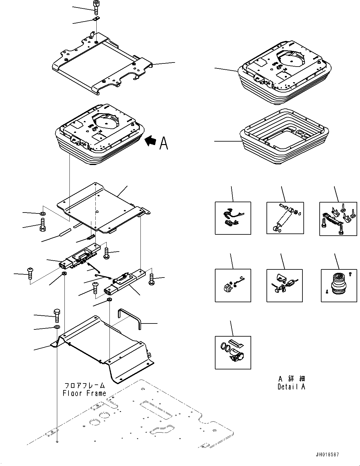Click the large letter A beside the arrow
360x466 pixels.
pyautogui.click(x=164, y=143)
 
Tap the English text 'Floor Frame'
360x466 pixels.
pyautogui.click(x=84, y=393)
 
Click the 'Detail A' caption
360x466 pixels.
pyautogui.click(x=291, y=387)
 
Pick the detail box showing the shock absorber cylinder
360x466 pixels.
pyautogui.click(x=285, y=218)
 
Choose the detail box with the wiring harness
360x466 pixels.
pyautogui.click(x=233, y=218)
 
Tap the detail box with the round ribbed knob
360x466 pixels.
pyautogui.click(x=339, y=285)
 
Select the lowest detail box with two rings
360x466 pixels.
pyautogui.click(x=233, y=352)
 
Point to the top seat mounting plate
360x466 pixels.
pyautogui.click(x=102, y=64)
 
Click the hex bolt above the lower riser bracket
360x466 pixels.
pyautogui.click(x=57, y=315)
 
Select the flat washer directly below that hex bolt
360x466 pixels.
pyautogui.click(x=57, y=327)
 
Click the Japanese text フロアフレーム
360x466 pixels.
pyautogui.click(x=84, y=386)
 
